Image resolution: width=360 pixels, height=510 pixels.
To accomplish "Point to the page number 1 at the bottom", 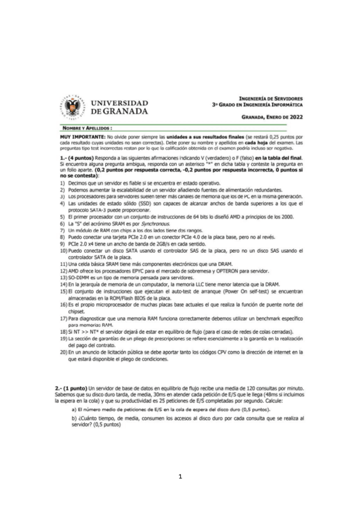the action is [x=180, y=477].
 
